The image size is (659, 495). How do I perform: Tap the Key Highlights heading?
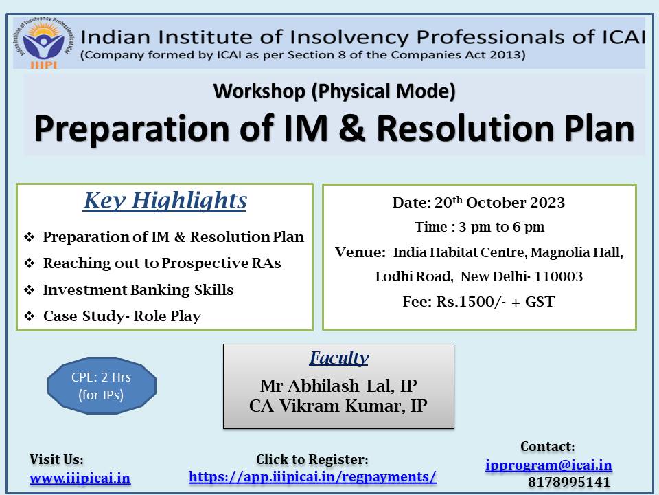coord(165,201)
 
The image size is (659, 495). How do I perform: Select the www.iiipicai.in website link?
coord(80,478)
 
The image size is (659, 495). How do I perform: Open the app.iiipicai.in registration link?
coord(313,477)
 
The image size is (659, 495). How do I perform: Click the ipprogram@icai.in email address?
coord(548,465)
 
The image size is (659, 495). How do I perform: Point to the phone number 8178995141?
coord(569,482)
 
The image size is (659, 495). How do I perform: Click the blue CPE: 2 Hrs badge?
coord(102,386)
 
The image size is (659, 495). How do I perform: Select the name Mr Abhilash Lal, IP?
coord(338,386)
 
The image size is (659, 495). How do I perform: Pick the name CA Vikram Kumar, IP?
coord(338,406)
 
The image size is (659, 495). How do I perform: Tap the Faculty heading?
coord(338,357)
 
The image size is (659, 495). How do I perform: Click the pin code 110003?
coord(559,276)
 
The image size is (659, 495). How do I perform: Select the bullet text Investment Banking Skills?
coord(138,290)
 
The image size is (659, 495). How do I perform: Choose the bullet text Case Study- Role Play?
coord(122,316)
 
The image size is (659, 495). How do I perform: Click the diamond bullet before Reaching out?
coord(29,263)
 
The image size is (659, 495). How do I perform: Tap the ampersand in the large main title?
coord(352,129)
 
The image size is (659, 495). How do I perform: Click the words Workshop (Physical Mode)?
coord(334,91)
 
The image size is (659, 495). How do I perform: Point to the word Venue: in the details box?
coord(360,252)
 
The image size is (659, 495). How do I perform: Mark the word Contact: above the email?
coord(548,447)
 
